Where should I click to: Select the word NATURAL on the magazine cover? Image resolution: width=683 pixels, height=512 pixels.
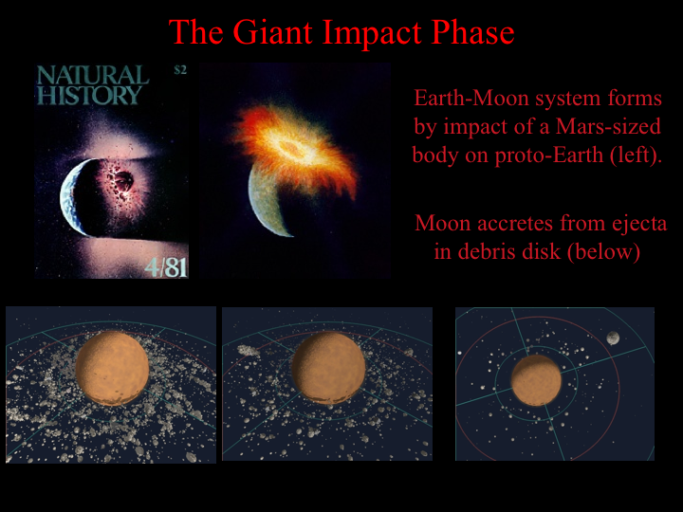(x=92, y=75)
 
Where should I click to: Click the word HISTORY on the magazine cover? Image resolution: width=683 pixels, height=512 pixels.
(x=89, y=95)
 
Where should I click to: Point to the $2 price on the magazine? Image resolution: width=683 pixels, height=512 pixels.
(x=180, y=70)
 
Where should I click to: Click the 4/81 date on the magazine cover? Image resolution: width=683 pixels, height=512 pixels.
(x=166, y=265)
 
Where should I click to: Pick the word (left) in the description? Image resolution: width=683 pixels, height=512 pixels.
(x=636, y=155)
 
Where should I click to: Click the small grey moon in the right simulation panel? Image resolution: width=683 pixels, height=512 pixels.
(x=613, y=338)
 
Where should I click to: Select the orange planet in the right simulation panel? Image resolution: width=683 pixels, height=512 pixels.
(x=536, y=380)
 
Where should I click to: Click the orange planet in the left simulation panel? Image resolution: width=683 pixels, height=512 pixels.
(x=112, y=368)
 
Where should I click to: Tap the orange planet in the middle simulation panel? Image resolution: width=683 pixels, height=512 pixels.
(x=328, y=368)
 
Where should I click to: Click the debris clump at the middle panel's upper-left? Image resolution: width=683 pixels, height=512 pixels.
(x=249, y=351)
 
